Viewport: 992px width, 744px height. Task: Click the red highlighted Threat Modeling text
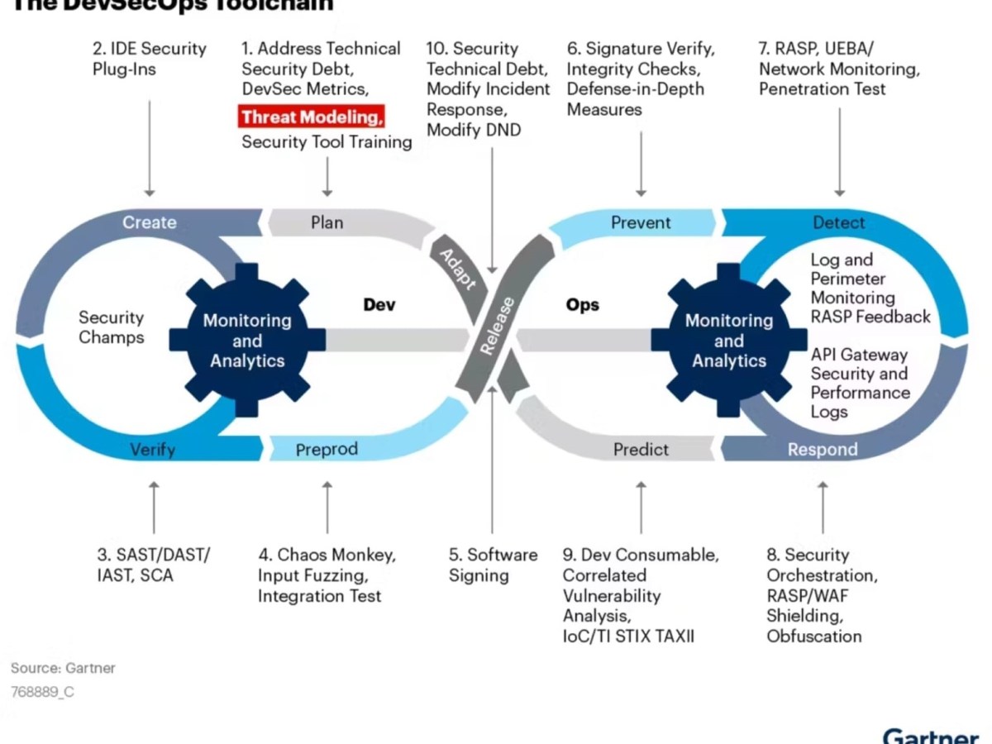pyautogui.click(x=312, y=117)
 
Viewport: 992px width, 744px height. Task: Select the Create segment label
pyautogui.click(x=150, y=222)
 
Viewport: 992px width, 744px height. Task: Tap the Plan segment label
pyautogui.click(x=327, y=222)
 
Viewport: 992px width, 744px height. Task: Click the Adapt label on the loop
pyautogui.click(x=457, y=269)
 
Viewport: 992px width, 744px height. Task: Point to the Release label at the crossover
pyautogui.click(x=497, y=327)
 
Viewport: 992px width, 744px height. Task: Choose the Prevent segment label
pyautogui.click(x=641, y=222)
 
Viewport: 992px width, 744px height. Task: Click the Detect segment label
pyautogui.click(x=839, y=222)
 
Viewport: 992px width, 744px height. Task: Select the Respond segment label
pyautogui.click(x=823, y=450)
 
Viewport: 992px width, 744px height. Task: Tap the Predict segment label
pyautogui.click(x=641, y=450)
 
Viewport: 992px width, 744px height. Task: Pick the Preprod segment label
pyautogui.click(x=327, y=450)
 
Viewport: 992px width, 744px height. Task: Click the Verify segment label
pyautogui.click(x=153, y=450)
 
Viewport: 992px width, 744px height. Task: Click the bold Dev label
pyautogui.click(x=379, y=305)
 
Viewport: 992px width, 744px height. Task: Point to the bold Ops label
pyautogui.click(x=583, y=305)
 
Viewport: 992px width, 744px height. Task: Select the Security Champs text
pyautogui.click(x=111, y=327)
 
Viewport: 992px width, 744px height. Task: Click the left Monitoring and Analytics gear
pyautogui.click(x=247, y=341)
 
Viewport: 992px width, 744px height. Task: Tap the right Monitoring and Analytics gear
pyautogui.click(x=729, y=341)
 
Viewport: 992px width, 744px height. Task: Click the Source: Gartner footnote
pyautogui.click(x=63, y=668)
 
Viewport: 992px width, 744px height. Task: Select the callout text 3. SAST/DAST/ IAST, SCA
pyautogui.click(x=153, y=565)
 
